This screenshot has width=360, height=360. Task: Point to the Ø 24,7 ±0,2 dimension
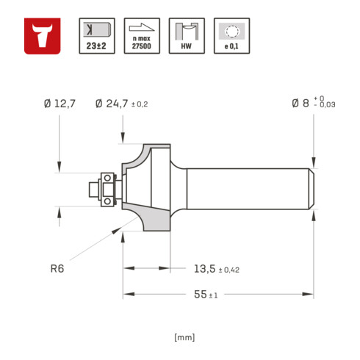click(x=122, y=104)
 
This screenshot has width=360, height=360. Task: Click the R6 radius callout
click(x=57, y=269)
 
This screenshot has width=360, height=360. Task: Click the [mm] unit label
click(x=184, y=337)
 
